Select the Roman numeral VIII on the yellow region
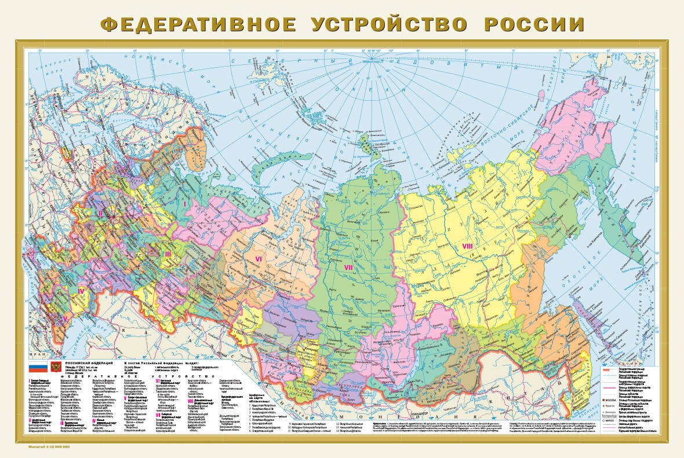[x=467, y=246]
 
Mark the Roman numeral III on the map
[x=168, y=254]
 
